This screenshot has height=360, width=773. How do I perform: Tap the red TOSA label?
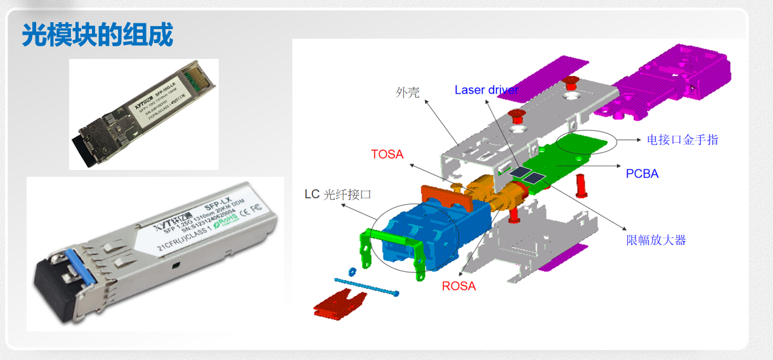pyautogui.click(x=387, y=154)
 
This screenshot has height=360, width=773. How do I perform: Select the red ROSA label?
pyautogui.click(x=458, y=286)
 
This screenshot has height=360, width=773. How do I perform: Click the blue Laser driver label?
pyautogui.click(x=486, y=90)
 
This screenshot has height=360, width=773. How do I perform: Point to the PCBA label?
pyautogui.click(x=642, y=173)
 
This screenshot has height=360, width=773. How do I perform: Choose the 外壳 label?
pyautogui.click(x=408, y=93)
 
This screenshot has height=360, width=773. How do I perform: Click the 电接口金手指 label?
pyautogui.click(x=682, y=139)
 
